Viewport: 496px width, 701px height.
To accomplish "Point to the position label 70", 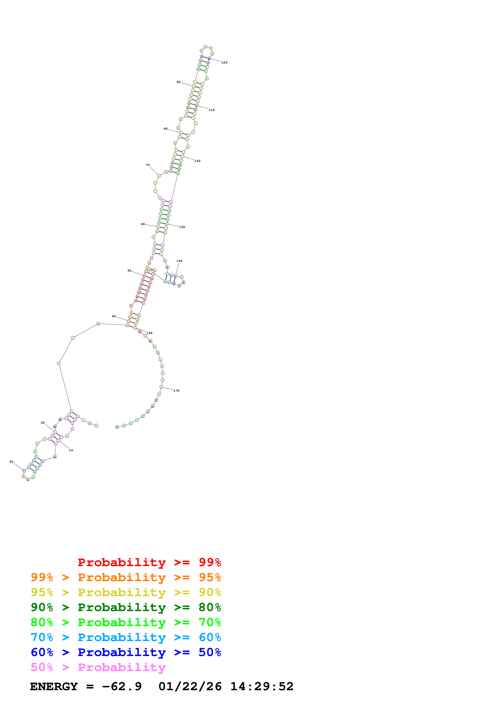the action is (148, 165).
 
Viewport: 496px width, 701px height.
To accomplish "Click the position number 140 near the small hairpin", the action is (179, 261).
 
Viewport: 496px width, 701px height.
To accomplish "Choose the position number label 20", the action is (11, 462).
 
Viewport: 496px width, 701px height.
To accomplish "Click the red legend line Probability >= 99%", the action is (149, 562).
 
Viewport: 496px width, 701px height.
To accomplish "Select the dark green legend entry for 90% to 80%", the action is (126, 607).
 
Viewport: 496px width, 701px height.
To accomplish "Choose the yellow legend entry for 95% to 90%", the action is (126, 592).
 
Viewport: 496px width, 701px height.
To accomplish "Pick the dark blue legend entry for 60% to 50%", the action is (126, 652).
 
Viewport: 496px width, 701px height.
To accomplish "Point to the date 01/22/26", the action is (190, 686).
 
